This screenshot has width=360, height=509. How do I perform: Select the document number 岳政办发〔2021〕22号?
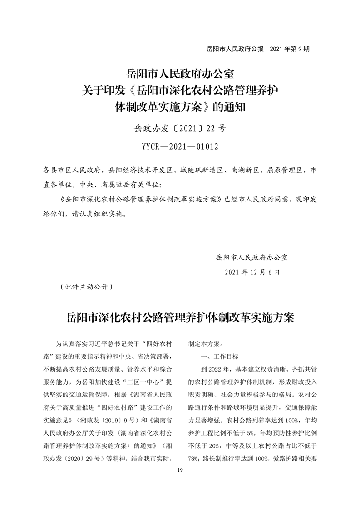[x=180, y=128]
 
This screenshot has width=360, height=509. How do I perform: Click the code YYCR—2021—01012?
[x=180, y=147]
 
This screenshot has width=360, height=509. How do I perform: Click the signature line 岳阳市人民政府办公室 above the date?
[x=252, y=257]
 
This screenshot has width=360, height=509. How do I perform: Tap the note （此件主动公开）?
[x=85, y=287]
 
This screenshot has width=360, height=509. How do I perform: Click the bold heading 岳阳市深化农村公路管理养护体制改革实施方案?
[x=180, y=317]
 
